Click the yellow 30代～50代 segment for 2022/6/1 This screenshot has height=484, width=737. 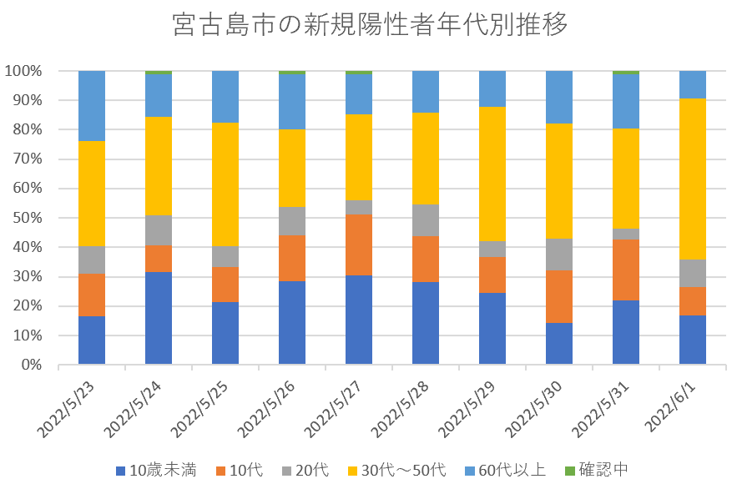693,179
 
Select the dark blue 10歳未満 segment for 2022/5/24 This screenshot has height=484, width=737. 159,318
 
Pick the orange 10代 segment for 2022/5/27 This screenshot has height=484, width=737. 359,245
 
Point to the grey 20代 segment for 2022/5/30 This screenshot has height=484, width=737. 559,255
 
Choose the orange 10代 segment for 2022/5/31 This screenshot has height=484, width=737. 626,270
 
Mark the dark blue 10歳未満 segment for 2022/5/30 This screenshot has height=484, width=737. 559,344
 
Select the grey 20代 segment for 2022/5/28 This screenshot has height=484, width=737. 426,220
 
